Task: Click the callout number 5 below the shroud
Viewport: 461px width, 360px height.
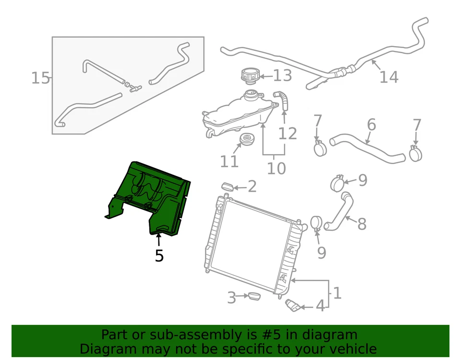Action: (159, 256)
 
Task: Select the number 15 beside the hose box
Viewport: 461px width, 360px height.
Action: (40, 78)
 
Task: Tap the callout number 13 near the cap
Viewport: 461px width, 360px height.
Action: (282, 75)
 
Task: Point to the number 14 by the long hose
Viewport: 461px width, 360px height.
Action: (388, 77)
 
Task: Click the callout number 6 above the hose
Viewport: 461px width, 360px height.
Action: (371, 125)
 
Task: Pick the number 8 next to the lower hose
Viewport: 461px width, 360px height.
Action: (362, 223)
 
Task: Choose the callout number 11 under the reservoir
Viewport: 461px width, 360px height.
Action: (229, 161)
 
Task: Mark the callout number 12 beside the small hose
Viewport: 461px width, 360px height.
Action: (288, 134)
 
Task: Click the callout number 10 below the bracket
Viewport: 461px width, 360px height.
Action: (276, 168)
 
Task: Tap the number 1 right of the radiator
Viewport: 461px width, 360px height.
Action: (337, 293)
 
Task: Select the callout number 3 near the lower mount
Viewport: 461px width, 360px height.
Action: (231, 298)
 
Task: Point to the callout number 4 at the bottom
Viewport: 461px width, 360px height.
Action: (320, 306)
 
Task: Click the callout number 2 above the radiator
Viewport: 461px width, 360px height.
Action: (252, 186)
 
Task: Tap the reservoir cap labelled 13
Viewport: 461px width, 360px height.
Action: (249, 76)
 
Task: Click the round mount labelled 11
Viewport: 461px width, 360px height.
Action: (246, 140)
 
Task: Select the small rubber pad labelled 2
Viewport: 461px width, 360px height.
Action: (228, 186)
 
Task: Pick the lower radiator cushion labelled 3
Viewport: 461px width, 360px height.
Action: (252, 296)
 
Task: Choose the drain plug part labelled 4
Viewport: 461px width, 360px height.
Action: (292, 305)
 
